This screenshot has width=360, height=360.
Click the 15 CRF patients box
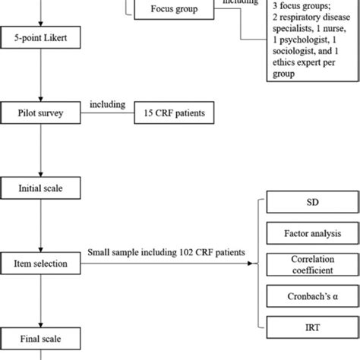(x=171, y=113)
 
